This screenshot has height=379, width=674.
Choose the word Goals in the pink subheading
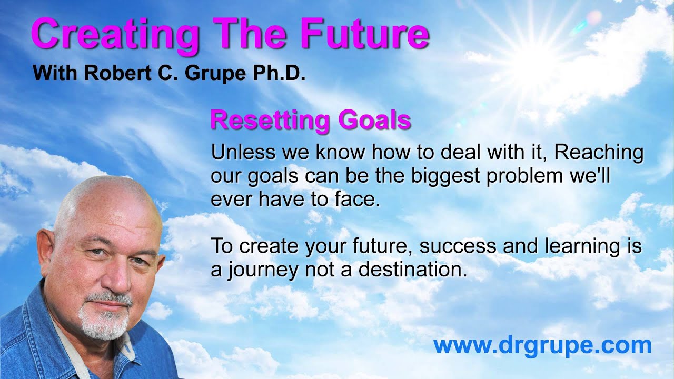(x=374, y=121)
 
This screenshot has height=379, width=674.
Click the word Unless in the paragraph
(x=243, y=153)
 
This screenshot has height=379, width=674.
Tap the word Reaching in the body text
(x=599, y=153)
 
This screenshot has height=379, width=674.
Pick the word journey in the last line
(x=260, y=270)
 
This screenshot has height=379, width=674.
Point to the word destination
(x=413, y=270)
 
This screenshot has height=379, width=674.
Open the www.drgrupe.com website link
(x=542, y=346)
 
